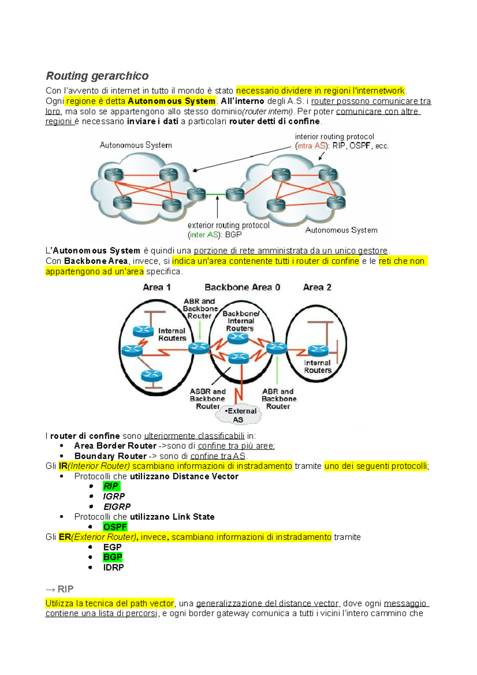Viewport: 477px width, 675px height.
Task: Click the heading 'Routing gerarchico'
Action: pos(97,76)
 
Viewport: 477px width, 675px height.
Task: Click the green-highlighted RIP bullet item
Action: pos(111,486)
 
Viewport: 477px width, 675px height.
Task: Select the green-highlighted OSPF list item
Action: pos(115,527)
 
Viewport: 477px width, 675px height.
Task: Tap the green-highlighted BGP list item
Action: pos(112,557)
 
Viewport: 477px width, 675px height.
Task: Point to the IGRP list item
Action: pos(114,496)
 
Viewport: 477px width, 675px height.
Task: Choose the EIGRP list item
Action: pos(117,506)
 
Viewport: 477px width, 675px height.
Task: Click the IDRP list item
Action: pos(113,567)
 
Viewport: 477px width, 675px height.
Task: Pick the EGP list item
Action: pos(112,547)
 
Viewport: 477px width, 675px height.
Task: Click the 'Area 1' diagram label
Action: pos(157,287)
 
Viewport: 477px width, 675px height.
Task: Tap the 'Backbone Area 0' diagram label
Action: pos(242,287)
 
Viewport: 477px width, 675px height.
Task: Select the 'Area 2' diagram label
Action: pos(317,287)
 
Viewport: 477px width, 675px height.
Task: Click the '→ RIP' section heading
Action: pos(60,589)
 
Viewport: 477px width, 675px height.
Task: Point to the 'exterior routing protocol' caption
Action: pos(228,225)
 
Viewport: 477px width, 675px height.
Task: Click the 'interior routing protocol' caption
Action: pos(334,137)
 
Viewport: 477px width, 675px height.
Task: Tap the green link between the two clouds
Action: pos(215,194)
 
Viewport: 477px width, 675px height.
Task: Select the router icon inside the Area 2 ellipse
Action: pos(318,350)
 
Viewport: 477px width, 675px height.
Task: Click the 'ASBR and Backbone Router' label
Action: pos(207,399)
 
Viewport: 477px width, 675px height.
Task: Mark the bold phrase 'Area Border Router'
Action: pos(115,446)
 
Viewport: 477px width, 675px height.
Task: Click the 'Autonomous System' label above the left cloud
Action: pos(136,145)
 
